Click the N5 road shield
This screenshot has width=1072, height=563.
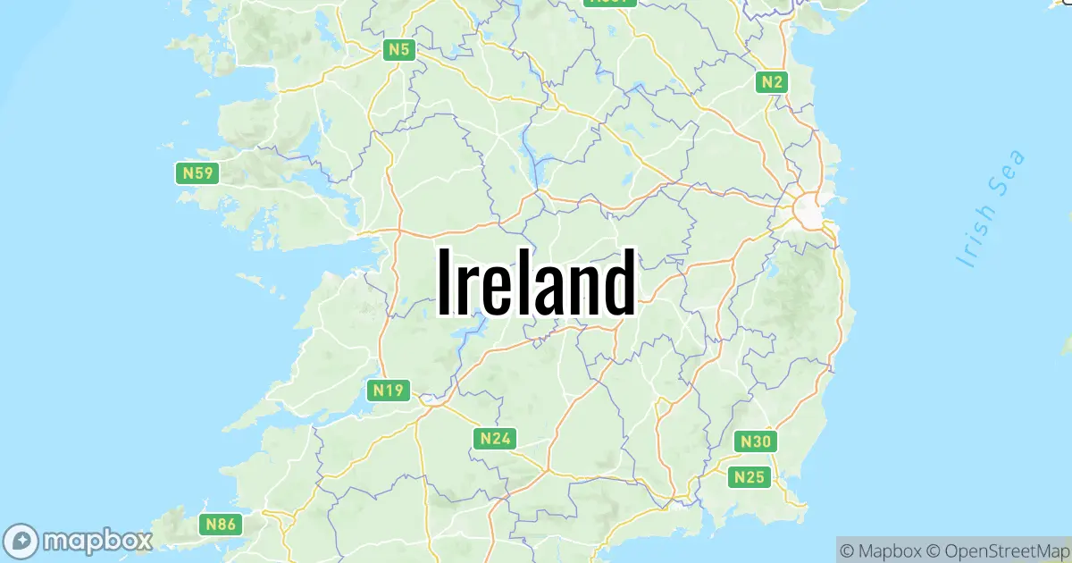click(398, 50)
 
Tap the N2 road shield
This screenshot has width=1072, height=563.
click(772, 82)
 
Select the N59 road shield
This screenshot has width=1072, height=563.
click(197, 172)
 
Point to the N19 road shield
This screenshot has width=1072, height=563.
click(389, 391)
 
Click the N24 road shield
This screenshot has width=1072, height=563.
click(494, 438)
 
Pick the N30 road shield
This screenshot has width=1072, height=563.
click(756, 441)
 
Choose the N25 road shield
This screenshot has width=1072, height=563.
click(749, 477)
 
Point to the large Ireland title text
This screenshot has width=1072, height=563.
click(536, 282)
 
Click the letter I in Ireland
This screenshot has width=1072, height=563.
click(444, 282)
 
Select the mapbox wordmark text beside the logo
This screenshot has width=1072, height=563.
click(98, 541)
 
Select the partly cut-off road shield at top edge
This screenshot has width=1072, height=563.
click(609, 2)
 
